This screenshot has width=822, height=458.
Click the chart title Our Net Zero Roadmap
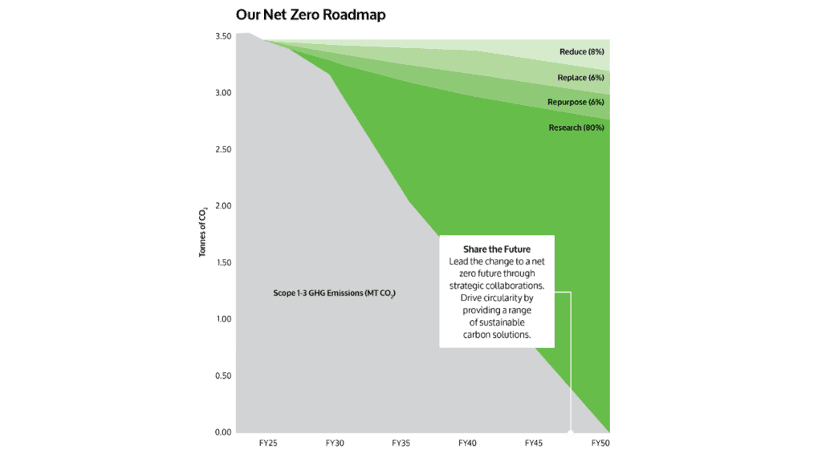point(310,15)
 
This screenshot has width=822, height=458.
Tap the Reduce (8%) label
point(581,52)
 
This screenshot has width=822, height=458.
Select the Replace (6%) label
point(580,78)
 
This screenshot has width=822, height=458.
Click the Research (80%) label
point(576,128)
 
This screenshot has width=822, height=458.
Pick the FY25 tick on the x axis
point(267,443)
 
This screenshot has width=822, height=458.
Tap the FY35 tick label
point(401,443)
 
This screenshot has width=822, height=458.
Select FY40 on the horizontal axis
point(467,443)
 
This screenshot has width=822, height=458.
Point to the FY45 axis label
point(533,443)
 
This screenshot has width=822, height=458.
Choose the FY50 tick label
point(600,443)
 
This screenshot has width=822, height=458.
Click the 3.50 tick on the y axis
point(222,37)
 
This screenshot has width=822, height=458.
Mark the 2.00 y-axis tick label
point(222,206)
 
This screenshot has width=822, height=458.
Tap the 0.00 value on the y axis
point(222,432)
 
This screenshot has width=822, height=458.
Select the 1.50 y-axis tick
point(222,263)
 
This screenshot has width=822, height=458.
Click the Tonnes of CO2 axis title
point(204,233)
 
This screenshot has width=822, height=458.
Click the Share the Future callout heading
point(496,249)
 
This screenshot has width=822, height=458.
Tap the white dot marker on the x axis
point(570,434)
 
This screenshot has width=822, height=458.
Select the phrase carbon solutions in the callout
point(496,334)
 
